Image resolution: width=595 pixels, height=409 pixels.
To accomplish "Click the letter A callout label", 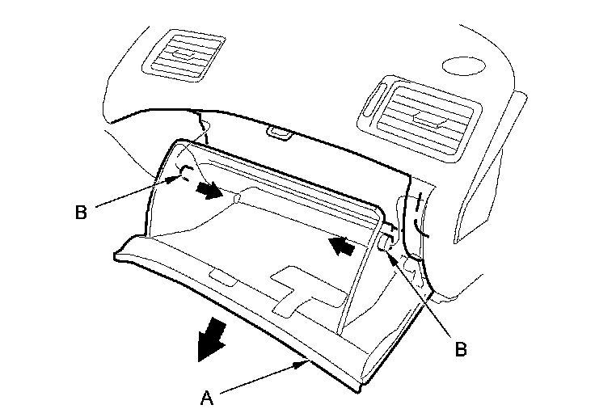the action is tap(207, 396).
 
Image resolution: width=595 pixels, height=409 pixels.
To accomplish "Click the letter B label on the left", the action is tap(81, 213).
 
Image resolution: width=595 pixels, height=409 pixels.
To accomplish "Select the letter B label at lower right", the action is tap(461, 349).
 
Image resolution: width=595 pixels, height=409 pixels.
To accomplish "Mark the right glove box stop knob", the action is tap(385, 242).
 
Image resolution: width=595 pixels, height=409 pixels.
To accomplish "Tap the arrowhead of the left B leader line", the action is tap(177, 179).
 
